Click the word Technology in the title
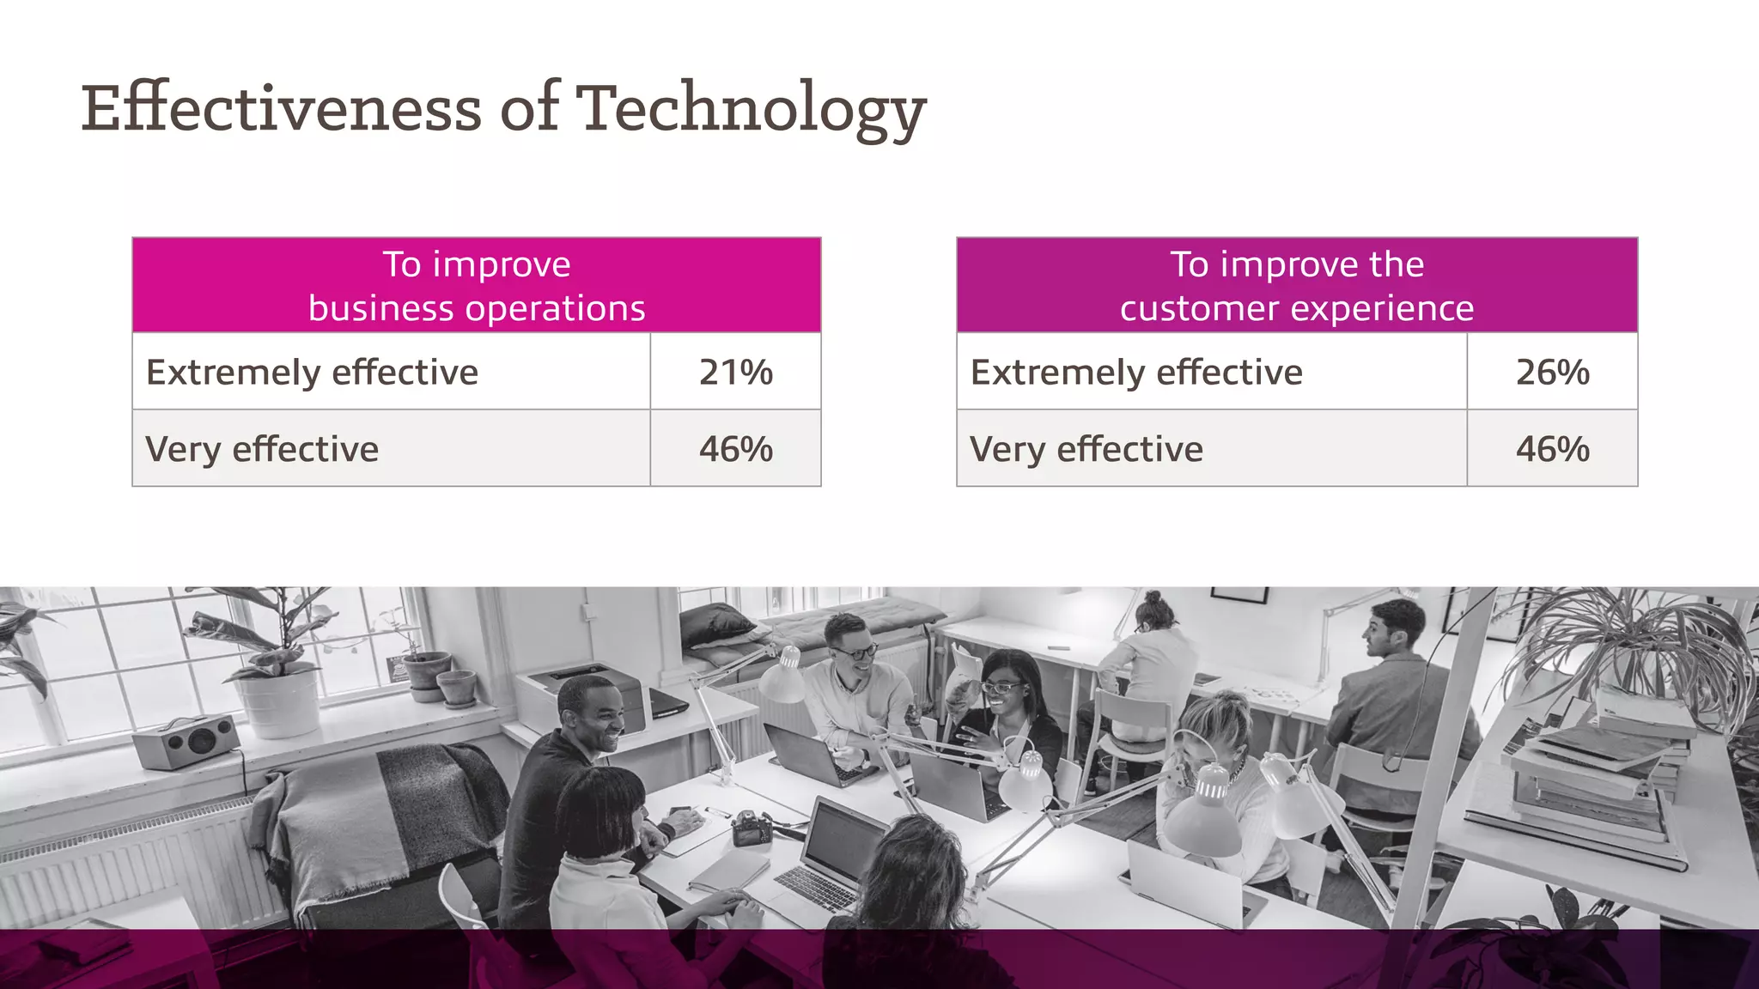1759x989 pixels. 750,110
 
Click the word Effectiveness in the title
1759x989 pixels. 281,108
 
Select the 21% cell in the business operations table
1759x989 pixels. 735,372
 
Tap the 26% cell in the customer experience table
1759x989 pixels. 1552,372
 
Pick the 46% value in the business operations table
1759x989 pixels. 735,449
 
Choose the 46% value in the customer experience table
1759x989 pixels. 1552,449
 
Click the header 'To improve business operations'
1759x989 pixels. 477,286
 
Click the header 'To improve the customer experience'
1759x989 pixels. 1297,286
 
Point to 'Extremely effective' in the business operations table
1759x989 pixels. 312,373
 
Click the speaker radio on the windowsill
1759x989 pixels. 186,741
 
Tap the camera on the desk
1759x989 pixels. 753,828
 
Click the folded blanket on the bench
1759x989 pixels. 386,816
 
